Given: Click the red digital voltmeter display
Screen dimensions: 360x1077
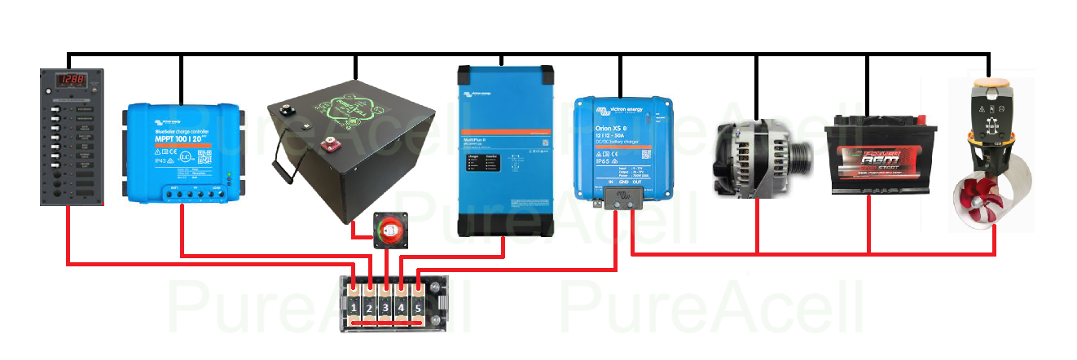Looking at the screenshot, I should [73, 81].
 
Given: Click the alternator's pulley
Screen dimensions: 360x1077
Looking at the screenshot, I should [802, 152].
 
